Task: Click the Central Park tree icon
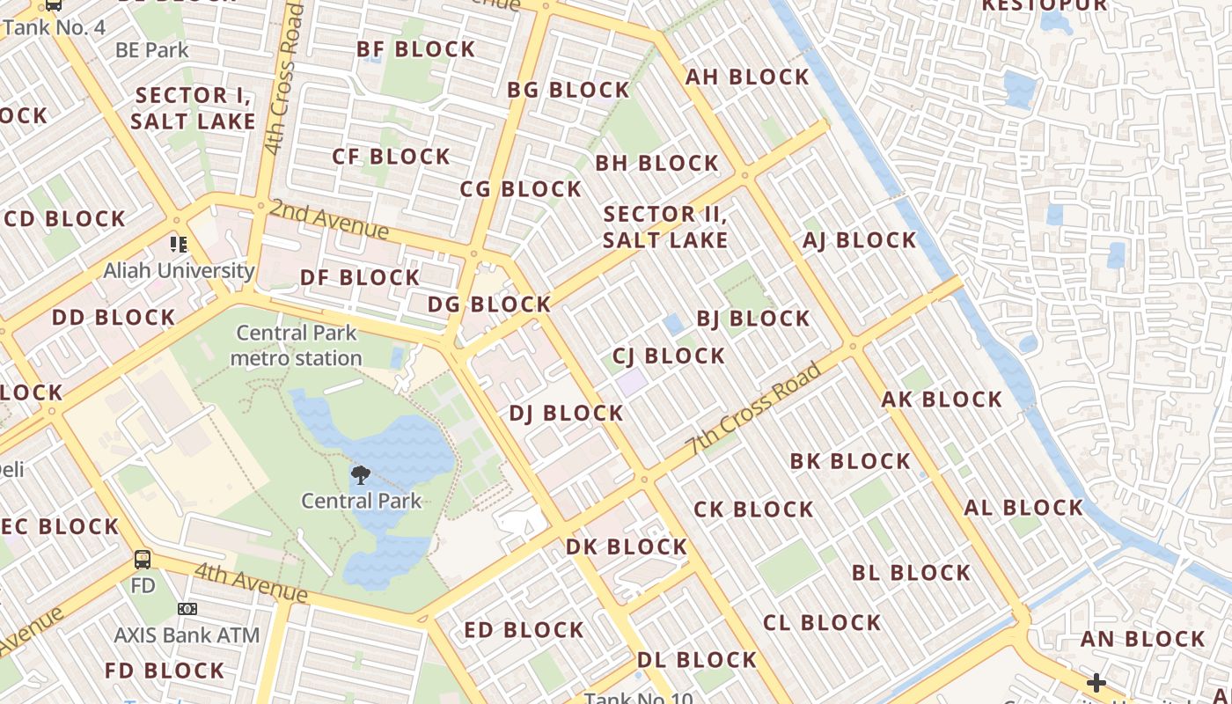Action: [360, 476]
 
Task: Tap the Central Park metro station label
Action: [297, 346]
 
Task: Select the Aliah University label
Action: [179, 271]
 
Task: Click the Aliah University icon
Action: [179, 244]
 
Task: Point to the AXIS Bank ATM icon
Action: [187, 609]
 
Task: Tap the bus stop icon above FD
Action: [143, 559]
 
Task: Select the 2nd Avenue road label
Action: [329, 219]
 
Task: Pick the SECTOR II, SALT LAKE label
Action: [665, 227]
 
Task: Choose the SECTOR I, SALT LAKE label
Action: [194, 108]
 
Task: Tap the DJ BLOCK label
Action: [566, 413]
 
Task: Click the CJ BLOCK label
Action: [669, 356]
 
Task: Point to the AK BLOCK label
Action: [942, 400]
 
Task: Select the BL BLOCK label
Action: [911, 573]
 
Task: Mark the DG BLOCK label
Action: [489, 304]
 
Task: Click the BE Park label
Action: [152, 50]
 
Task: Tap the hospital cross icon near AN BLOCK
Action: [1096, 682]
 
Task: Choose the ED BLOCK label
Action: [524, 630]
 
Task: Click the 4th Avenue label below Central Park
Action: [251, 583]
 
